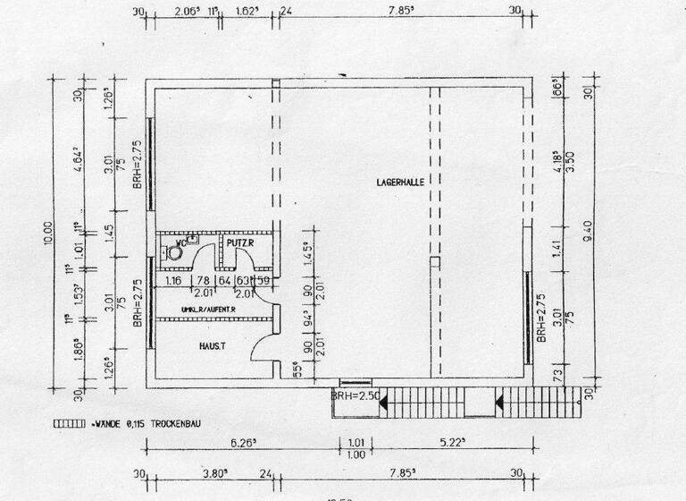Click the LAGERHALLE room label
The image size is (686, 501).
point(399,182)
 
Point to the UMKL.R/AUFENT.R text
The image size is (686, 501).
point(208,310)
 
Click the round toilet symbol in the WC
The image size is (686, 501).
point(175,253)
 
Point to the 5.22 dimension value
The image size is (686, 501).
point(456,441)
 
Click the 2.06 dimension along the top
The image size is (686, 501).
point(187,12)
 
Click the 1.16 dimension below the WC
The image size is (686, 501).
point(174,280)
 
